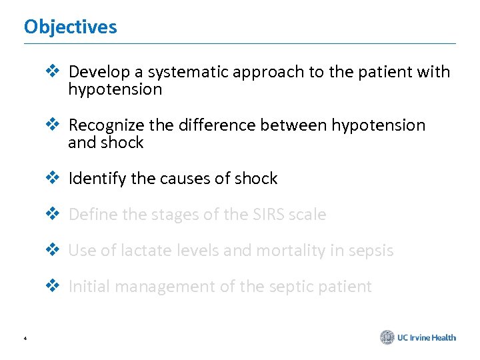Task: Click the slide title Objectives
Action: coord(70,27)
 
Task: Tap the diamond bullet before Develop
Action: coord(52,71)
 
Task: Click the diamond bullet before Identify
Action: coord(52,178)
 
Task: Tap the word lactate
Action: coord(133,251)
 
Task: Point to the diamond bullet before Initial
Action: coord(52,286)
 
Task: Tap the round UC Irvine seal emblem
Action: coord(387,337)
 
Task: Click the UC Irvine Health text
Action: coord(427,337)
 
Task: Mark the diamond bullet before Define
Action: coord(52,214)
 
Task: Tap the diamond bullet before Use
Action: coord(52,250)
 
